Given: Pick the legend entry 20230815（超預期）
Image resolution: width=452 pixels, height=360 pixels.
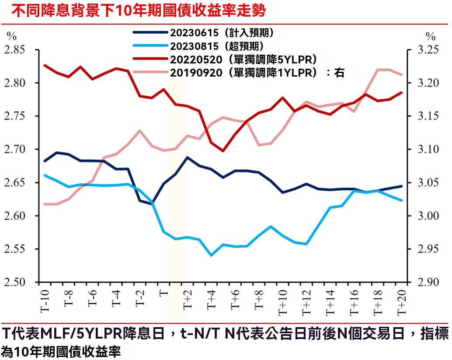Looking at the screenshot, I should coord(216,46).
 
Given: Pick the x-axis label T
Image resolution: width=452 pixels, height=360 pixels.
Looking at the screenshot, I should coord(163,292).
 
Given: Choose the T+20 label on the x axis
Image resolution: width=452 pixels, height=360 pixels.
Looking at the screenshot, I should coord(400,301).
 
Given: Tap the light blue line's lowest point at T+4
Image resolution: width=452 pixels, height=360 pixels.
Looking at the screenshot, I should coord(211,255).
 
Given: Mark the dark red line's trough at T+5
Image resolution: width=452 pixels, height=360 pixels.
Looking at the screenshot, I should coord(223,151).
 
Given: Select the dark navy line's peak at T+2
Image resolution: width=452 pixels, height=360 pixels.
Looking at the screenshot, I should coord(187,157).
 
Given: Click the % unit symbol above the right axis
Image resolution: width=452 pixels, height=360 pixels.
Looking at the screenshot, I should coord(431,36).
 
